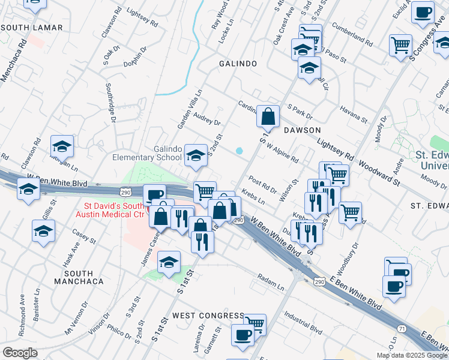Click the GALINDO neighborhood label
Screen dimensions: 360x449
tap(238, 63)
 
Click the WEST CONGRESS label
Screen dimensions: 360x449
tap(208, 315)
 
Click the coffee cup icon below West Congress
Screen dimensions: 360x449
tap(243, 335)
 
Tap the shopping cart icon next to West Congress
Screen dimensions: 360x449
tap(255, 324)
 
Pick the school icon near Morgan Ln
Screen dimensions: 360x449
tap(62, 147)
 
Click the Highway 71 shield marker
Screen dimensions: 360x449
tap(401, 328)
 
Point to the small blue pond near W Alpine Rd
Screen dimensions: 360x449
tap(240, 151)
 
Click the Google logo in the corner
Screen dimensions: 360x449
tap(19, 353)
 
